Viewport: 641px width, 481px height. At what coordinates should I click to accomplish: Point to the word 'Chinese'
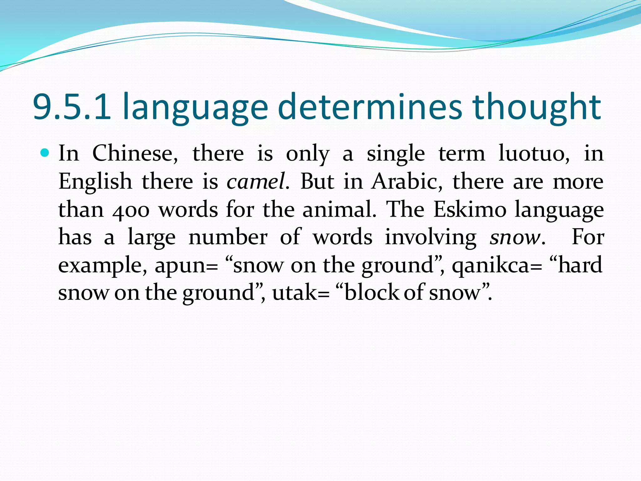135,153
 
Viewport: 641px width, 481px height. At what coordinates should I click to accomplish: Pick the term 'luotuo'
534,153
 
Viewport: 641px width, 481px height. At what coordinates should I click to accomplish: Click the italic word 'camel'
256,182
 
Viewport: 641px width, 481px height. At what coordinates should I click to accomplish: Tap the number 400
131,210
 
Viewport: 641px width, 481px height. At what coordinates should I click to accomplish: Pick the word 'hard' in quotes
580,265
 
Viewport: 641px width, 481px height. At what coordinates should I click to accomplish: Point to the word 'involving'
431,237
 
